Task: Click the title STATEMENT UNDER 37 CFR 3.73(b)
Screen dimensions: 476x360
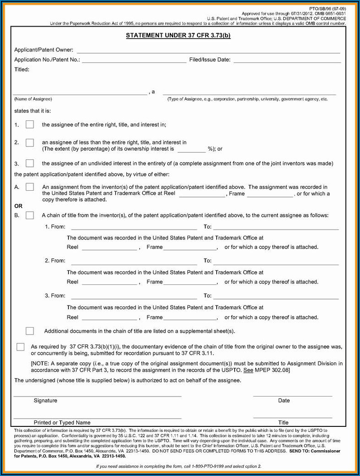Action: [178, 35]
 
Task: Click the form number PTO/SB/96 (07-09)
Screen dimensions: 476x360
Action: [327, 9]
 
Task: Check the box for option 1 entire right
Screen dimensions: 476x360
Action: [30, 124]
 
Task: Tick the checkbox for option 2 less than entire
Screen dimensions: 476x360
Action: [30, 143]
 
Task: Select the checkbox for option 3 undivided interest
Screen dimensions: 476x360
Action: [30, 163]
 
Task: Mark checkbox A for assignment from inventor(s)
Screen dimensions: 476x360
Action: [30, 187]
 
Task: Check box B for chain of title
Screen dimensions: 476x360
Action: [30, 215]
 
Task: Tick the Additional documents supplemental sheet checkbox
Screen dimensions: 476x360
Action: [30, 331]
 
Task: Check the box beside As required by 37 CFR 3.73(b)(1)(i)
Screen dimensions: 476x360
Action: [21, 347]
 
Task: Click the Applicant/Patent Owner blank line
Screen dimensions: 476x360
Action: [208, 51]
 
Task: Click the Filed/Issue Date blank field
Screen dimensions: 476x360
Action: [287, 60]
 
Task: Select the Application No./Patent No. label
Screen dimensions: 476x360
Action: [47, 60]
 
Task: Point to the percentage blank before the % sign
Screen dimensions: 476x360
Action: [191, 149]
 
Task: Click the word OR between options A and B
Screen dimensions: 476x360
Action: [18, 206]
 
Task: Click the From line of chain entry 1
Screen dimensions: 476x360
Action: [134, 227]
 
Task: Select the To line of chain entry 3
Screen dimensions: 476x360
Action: [276, 296]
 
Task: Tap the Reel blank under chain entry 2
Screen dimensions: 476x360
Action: [109, 283]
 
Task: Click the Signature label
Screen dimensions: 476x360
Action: [45, 401]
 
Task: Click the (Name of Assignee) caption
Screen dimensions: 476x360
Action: [33, 99]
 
